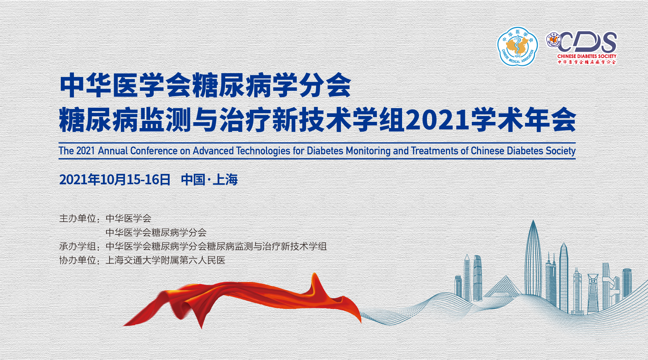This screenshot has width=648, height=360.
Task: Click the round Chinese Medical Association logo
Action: tap(517, 47)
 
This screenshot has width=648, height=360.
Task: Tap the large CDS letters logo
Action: tap(588, 42)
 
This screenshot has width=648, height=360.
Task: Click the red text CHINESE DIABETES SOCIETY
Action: tap(587, 56)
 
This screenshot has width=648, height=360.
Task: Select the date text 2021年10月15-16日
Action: tap(115, 179)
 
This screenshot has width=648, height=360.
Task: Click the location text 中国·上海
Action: tap(209, 179)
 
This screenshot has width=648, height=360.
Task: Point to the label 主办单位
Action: tap(78, 218)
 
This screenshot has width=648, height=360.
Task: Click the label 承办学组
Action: tap(78, 246)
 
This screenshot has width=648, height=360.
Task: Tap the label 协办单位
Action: tap(78, 260)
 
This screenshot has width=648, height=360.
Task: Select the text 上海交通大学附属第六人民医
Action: tap(165, 260)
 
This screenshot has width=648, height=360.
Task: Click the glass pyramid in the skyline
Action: tap(503, 286)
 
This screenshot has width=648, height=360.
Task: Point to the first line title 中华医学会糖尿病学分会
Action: tap(206, 85)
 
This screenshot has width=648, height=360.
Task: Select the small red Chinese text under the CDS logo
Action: tap(587, 62)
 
